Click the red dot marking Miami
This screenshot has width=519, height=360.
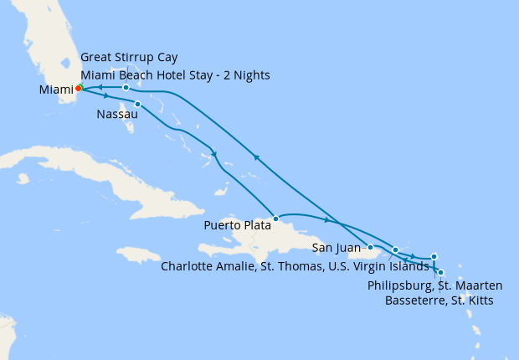(78, 88)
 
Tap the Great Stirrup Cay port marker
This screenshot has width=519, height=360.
(126, 87)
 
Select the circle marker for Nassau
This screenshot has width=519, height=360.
(137, 105)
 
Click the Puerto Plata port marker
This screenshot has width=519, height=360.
(275, 219)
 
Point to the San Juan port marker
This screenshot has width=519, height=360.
(370, 247)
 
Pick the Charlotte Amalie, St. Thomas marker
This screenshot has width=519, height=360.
(395, 250)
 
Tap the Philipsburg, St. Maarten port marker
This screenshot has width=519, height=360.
(434, 256)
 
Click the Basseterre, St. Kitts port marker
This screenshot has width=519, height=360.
(440, 272)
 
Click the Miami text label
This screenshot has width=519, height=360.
(54, 89)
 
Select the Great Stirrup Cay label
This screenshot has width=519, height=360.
(133, 58)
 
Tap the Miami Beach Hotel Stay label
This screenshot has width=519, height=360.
(175, 75)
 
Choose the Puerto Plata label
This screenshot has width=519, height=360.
(237, 224)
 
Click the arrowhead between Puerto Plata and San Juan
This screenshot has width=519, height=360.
(327, 220)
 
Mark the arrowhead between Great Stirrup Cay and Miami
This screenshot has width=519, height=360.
(98, 86)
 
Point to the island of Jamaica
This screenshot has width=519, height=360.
(142, 254)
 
